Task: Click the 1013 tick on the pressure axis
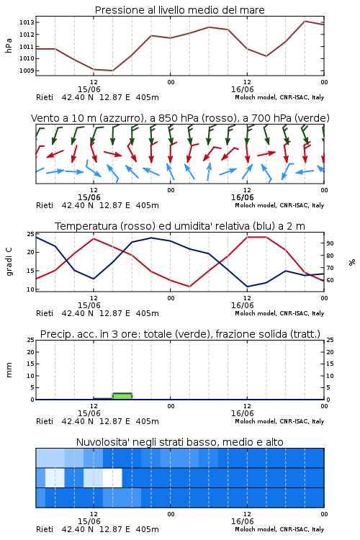[27, 22]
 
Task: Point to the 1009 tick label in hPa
[27, 71]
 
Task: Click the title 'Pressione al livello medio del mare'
[180, 10]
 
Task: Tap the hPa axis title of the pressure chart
[9, 45]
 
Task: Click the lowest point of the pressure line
[112, 71]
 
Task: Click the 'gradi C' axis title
[9, 262]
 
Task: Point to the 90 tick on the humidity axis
[330, 243]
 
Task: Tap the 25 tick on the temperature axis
[31, 234]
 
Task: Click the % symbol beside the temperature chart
[352, 262]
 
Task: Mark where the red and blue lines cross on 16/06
[220, 262]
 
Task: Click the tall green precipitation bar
[122, 396]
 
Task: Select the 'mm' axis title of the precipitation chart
[9, 370]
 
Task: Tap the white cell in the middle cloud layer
[112, 477]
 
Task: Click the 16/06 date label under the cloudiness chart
[242, 521]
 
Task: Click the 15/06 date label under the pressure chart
[89, 89]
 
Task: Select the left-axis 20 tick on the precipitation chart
[31, 352]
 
